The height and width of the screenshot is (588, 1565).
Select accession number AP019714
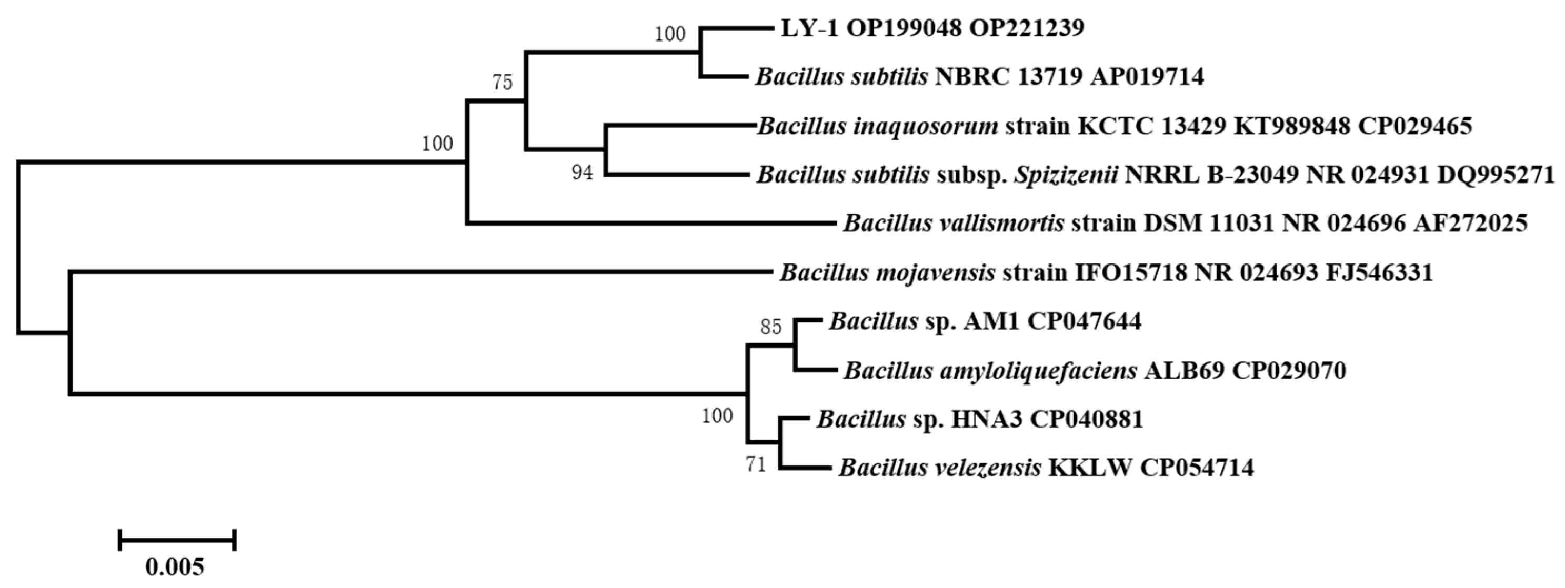point(1147,77)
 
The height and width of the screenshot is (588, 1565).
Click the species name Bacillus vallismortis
point(953,224)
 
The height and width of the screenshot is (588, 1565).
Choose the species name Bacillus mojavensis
point(887,273)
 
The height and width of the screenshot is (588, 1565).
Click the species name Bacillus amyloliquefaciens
point(990,371)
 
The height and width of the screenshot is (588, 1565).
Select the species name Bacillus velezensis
point(940,468)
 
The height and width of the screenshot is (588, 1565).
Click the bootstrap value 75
point(503,82)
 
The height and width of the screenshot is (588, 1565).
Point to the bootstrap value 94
point(582,173)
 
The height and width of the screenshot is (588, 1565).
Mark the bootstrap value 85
point(771,328)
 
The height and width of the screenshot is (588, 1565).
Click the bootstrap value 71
point(756,466)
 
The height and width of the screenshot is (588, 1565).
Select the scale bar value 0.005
point(175,567)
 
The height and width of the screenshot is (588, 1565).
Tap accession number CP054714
point(1197,468)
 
